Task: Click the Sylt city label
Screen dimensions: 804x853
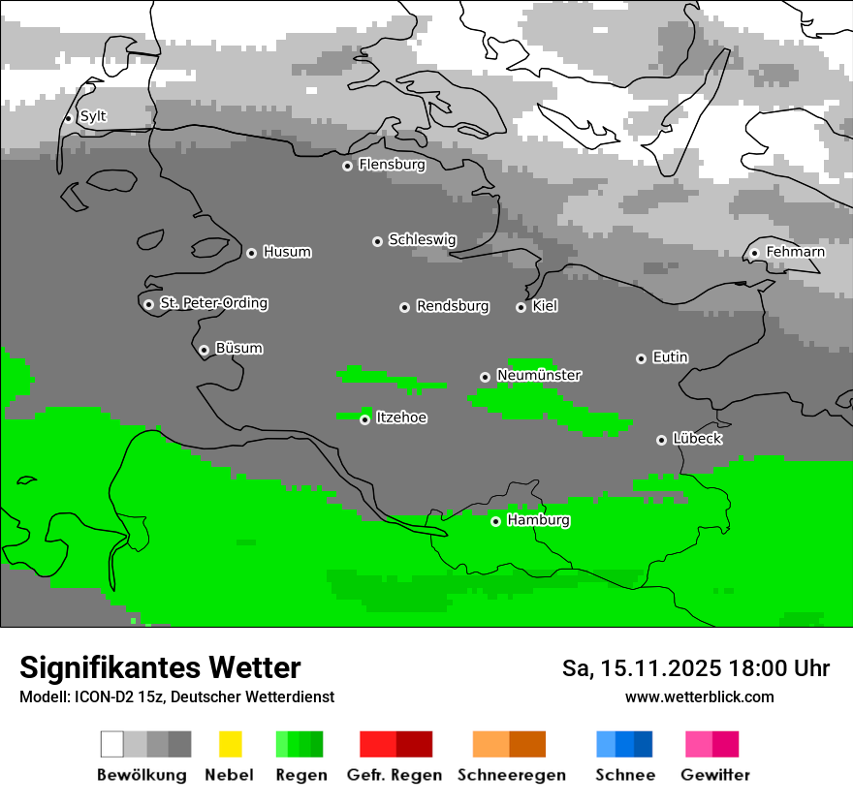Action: [93, 116]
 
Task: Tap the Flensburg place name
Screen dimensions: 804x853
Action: [392, 165]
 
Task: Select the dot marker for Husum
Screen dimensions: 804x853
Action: [251, 253]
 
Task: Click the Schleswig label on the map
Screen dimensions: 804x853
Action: [422, 239]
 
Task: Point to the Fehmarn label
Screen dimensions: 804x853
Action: [795, 252]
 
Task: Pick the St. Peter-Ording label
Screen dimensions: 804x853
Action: [213, 303]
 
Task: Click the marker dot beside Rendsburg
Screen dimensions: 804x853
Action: [404, 307]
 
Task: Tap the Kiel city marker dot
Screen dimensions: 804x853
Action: [521, 307]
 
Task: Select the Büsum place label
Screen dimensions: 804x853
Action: [238, 348]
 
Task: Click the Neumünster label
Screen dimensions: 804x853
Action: [539, 375]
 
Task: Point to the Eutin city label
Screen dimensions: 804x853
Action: [670, 357]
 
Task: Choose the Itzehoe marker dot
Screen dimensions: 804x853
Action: [364, 419]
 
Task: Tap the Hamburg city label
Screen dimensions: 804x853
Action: [538, 520]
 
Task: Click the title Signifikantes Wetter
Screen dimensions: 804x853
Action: [160, 668]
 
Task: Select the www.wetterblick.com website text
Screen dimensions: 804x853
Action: [699, 696]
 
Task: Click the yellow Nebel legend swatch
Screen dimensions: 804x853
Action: [230, 744]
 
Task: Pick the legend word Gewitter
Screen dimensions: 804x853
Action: [714, 775]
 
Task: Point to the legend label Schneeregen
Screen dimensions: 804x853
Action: [511, 775]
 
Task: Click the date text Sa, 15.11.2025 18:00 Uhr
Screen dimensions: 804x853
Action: [695, 668]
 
